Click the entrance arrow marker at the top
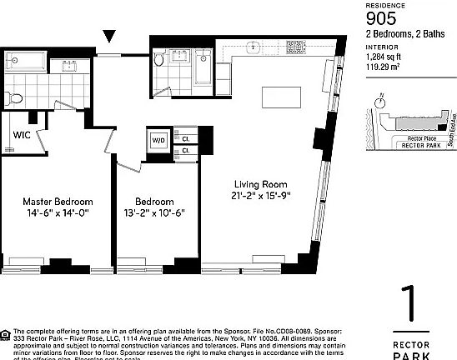[109, 36]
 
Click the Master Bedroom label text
[57, 202]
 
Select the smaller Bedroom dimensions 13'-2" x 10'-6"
[154, 213]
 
